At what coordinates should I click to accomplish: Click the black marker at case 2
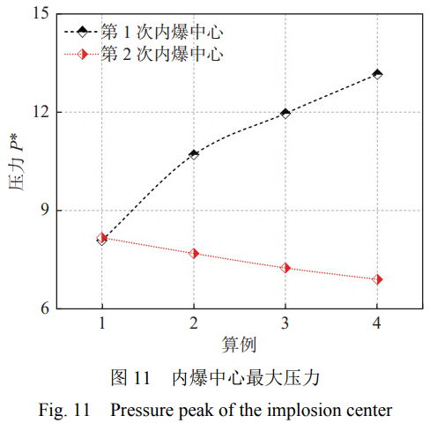[x=194, y=154]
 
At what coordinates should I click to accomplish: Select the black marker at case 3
[x=285, y=113]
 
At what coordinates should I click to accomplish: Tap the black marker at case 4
[x=377, y=74]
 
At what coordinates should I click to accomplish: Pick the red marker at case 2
[x=194, y=253]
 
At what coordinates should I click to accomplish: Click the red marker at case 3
[x=285, y=267]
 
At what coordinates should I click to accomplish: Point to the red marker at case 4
[x=377, y=279]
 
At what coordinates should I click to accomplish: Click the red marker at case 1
[x=102, y=238]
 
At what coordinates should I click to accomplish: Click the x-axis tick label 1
[x=102, y=323]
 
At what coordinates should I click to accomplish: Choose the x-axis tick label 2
[x=194, y=323]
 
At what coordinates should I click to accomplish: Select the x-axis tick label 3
[x=285, y=323]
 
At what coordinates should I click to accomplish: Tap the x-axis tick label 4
[x=377, y=323]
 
